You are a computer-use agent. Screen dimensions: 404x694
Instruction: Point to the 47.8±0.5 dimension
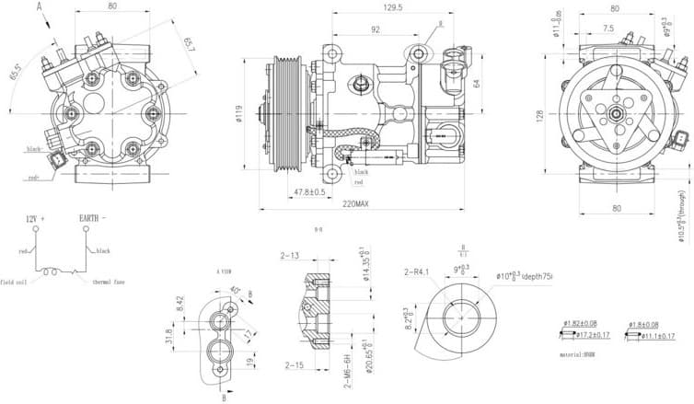click(x=309, y=191)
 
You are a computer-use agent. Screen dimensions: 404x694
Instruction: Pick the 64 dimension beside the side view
click(x=478, y=83)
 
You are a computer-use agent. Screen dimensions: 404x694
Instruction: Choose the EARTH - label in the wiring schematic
click(x=95, y=218)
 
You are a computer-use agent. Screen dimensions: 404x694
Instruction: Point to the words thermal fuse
click(x=108, y=283)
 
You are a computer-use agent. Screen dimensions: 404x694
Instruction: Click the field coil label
click(x=17, y=283)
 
